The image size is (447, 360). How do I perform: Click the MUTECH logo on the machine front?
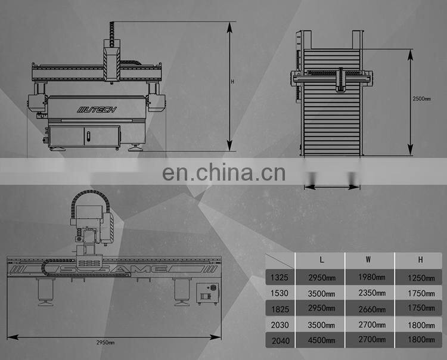click(x=97, y=110)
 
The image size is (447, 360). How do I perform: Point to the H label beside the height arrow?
click(x=233, y=82)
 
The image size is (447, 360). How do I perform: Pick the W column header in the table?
click(x=368, y=260)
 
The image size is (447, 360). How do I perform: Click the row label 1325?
click(x=279, y=277)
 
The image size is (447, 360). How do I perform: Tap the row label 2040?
click(x=279, y=341)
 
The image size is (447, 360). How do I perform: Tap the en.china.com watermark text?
click(x=223, y=173)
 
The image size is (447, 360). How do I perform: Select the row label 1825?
click(x=279, y=309)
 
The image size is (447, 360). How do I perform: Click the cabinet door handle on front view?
click(x=87, y=137)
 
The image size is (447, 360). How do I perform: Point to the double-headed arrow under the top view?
click(x=332, y=187)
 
